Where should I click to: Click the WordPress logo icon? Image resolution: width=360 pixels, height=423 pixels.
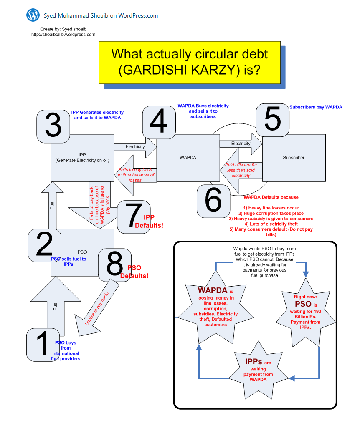click(33, 15)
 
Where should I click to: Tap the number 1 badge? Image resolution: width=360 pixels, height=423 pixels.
click(43, 345)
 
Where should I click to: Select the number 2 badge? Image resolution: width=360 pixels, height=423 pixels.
click(44, 245)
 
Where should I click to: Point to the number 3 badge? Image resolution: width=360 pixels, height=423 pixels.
click(53, 125)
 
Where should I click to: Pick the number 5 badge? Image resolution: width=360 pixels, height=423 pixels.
click(273, 120)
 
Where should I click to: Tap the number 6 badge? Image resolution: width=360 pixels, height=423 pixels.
click(213, 201)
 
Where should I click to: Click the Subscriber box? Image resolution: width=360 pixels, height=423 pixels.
click(294, 158)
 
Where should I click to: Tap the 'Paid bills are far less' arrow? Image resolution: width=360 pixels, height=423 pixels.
click(241, 170)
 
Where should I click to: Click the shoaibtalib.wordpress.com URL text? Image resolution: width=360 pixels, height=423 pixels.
click(63, 35)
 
